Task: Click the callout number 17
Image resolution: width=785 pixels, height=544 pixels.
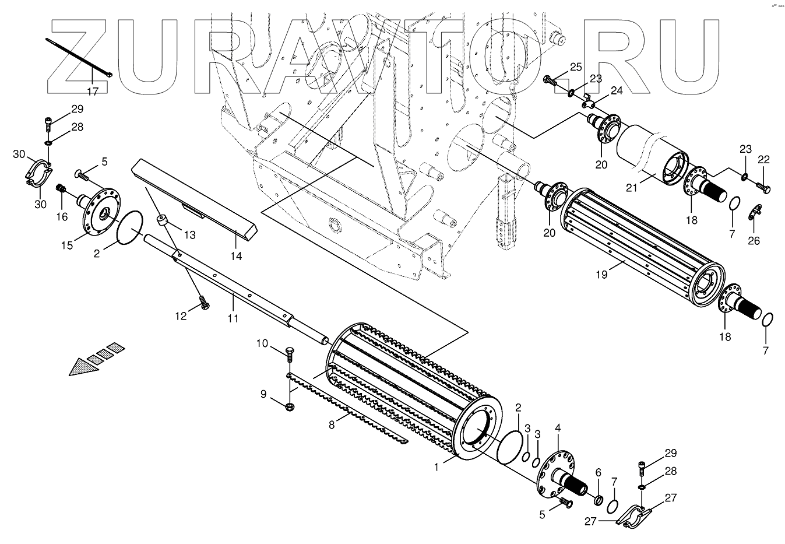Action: coord(93,90)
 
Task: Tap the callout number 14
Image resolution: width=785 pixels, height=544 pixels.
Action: coord(236,255)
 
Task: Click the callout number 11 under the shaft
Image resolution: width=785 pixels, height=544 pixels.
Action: coord(233,318)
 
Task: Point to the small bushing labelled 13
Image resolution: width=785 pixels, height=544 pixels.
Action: coord(163,221)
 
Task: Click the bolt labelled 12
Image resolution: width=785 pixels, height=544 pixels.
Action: coord(204,303)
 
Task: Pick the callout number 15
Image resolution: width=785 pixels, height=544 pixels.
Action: coord(67,245)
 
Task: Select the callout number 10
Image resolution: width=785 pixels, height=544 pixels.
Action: coord(262,343)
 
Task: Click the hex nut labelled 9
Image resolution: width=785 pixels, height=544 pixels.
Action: coord(290,406)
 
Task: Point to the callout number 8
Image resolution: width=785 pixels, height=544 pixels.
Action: coord(332,424)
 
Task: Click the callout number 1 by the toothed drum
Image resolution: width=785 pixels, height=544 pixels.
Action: coord(435,467)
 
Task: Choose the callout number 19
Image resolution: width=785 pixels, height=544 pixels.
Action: coord(601,273)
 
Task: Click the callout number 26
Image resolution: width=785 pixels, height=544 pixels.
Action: coord(754,240)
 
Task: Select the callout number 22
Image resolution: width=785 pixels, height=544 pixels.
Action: coord(763,160)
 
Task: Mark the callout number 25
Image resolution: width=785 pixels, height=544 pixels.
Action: coord(576,67)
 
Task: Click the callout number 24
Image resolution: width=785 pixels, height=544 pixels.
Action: coord(617,90)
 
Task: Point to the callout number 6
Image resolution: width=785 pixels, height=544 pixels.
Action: coord(598,472)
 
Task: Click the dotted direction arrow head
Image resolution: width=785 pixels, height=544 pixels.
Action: coord(80,367)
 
